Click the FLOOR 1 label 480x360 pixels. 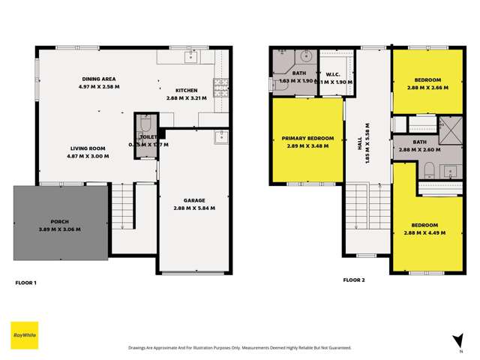pyautogui.click(x=26, y=283)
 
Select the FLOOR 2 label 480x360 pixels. pyautogui.click(x=353, y=279)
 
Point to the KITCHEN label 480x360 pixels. pyautogui.click(x=187, y=91)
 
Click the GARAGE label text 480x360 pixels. pyautogui.click(x=193, y=200)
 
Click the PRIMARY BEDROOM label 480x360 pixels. pyautogui.click(x=307, y=138)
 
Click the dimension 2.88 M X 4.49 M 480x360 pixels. pyautogui.click(x=424, y=232)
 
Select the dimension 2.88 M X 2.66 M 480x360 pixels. pyautogui.click(x=424, y=87)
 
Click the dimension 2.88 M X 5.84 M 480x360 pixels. pyautogui.click(x=193, y=208)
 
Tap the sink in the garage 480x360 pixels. pyautogui.click(x=220, y=136)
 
